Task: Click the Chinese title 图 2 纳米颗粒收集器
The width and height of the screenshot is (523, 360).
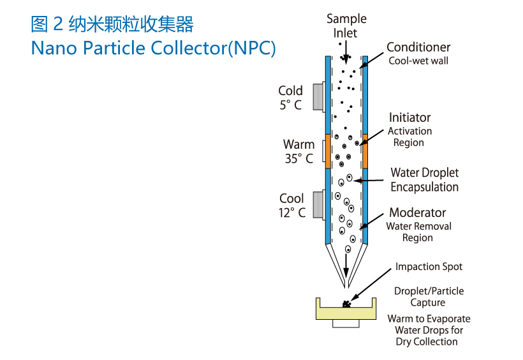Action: click(x=112, y=24)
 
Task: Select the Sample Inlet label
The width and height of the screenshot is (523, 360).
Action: click(x=346, y=26)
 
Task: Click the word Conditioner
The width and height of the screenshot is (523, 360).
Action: click(x=418, y=47)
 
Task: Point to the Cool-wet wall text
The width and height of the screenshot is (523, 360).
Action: click(x=418, y=61)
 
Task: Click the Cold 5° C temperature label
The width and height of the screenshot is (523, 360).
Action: click(x=291, y=98)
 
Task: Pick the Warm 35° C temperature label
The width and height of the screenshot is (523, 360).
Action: click(x=299, y=151)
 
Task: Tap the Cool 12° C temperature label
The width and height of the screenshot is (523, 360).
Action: click(x=292, y=206)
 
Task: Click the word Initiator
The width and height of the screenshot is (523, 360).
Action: click(x=409, y=117)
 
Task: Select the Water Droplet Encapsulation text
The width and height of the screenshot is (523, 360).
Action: click(x=425, y=179)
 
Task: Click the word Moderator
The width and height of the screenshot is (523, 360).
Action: click(x=418, y=213)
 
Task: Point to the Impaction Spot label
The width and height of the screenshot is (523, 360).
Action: click(x=429, y=267)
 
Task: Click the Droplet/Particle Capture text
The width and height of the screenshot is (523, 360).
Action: click(x=429, y=297)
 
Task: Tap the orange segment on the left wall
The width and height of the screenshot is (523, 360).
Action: click(x=328, y=151)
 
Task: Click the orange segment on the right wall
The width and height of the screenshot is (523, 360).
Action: click(x=365, y=151)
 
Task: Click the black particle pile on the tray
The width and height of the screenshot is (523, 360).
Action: click(x=346, y=304)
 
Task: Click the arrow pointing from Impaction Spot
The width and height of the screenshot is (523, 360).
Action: click(x=371, y=284)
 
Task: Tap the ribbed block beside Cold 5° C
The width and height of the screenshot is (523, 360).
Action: click(x=319, y=97)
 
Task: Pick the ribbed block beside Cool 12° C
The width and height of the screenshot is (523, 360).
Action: click(x=319, y=206)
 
